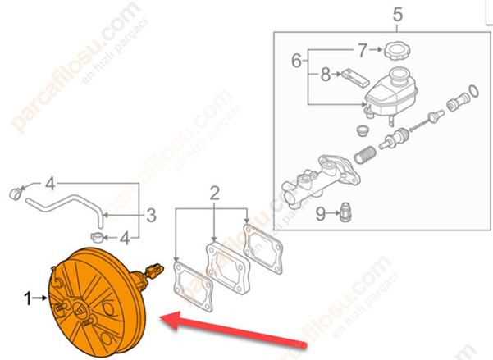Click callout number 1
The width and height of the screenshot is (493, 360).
coord(29,300)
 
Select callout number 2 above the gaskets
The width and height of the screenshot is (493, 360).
coord(214,194)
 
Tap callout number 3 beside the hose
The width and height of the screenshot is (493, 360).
coord(151,216)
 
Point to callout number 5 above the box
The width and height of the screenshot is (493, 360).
coord(398,14)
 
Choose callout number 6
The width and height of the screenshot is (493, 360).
coord(296,61)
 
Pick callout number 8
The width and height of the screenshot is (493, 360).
coord(325,75)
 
